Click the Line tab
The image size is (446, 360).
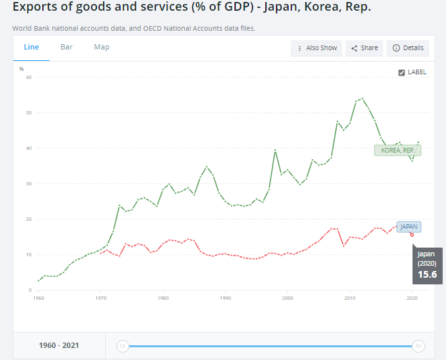pyautogui.click(x=31, y=48)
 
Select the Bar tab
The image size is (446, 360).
pyautogui.click(x=66, y=48)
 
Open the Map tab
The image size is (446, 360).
pyautogui.click(x=102, y=48)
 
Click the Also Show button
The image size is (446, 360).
pyautogui.click(x=317, y=48)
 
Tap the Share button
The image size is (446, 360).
pyautogui.click(x=365, y=48)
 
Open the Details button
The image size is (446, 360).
pyautogui.click(x=408, y=48)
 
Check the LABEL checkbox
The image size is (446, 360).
pyautogui.click(x=401, y=72)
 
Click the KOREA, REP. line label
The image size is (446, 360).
pyautogui.click(x=397, y=151)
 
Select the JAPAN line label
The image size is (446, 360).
pyautogui.click(x=408, y=227)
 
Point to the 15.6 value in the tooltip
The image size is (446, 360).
pyautogui.click(x=427, y=275)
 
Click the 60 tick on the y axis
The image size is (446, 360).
pyautogui.click(x=29, y=77)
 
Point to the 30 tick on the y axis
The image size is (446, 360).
pyautogui.click(x=29, y=183)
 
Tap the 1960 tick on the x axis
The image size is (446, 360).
pyautogui.click(x=38, y=298)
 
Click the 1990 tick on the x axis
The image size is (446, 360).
pyautogui.click(x=226, y=298)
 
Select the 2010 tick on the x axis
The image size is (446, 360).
pyautogui.click(x=350, y=298)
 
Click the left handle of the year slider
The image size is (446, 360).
pyautogui.click(x=122, y=346)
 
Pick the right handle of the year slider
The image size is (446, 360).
pyautogui.click(x=418, y=346)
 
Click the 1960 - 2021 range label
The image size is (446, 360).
pyautogui.click(x=59, y=346)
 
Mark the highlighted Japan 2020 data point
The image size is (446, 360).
pyautogui.click(x=412, y=234)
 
